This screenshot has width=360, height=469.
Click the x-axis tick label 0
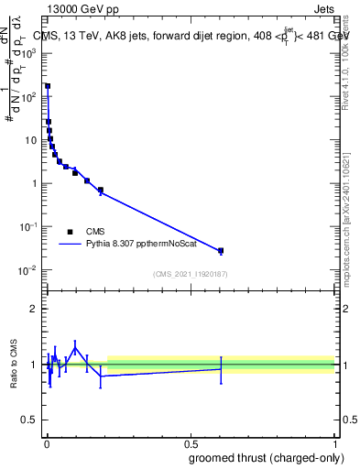click(x=46, y=438)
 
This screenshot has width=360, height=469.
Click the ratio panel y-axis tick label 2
click(x=36, y=309)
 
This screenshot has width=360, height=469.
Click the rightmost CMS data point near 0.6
click(x=221, y=250)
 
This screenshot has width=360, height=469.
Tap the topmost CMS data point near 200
click(x=48, y=86)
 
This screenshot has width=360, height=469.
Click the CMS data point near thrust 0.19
click(x=100, y=191)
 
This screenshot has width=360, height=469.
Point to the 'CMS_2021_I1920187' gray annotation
click(x=190, y=274)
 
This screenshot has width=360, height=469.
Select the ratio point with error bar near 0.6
click(x=221, y=369)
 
